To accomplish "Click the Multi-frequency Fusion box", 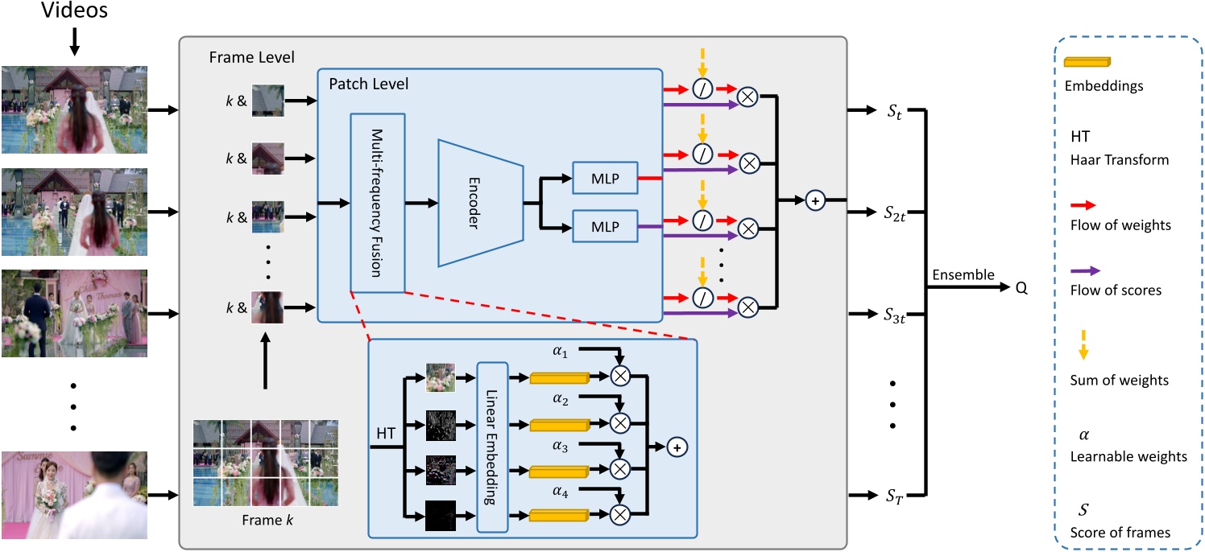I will point(377,202).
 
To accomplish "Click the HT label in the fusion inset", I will point(387,433).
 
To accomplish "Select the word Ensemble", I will point(962,275).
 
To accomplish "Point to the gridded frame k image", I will point(265,463).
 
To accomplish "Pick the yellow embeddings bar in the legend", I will point(1086,62).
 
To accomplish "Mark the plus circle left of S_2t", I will point(815,201).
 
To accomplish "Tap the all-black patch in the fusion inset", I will point(441,514).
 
